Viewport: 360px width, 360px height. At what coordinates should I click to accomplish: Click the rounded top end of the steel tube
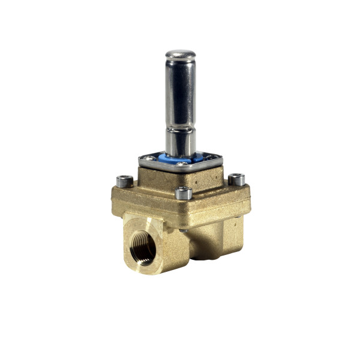[181, 56]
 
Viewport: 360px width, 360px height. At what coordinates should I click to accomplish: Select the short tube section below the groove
[181, 142]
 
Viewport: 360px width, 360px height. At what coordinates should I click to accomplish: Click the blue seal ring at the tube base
[180, 158]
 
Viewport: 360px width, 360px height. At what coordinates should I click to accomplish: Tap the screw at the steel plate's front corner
[181, 168]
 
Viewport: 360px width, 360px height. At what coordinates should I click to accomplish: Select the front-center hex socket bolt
[184, 193]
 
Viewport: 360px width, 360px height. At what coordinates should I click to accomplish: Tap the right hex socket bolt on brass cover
[236, 179]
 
